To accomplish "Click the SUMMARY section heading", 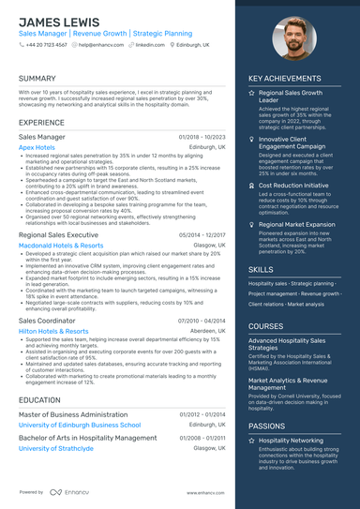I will [x=37, y=79].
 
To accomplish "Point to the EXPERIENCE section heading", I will [x=41, y=123].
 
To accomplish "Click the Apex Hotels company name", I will [x=37, y=147].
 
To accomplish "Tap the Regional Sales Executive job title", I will [x=58, y=234].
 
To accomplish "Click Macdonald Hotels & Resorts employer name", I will [x=61, y=245].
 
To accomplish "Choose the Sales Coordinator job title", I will [x=48, y=321].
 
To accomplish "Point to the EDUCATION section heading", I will [x=39, y=399].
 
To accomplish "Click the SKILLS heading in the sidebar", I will [x=261, y=269].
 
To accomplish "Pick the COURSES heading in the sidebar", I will [x=266, y=326].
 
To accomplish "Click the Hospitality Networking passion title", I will [x=291, y=439].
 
